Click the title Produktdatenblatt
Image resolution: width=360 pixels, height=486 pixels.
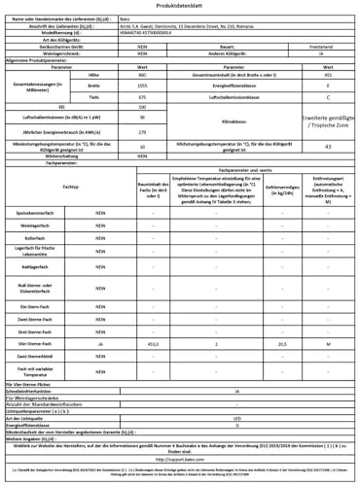(181, 7)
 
